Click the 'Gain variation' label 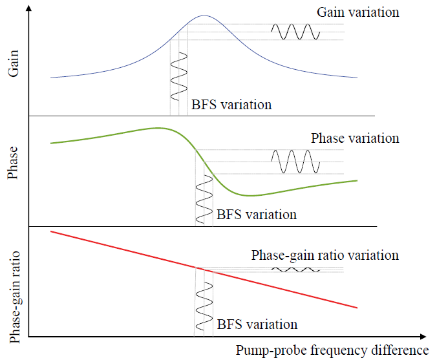tap(357, 12)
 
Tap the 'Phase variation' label tap(355, 138)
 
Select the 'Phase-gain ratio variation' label tap(325, 255)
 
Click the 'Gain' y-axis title tap(14, 65)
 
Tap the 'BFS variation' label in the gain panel tap(231, 105)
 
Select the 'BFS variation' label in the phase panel tap(257, 214)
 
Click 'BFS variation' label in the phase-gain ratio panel tap(257, 324)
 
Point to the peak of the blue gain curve tap(204, 16)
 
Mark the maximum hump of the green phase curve tap(156, 128)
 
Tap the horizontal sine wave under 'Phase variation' tap(295, 162)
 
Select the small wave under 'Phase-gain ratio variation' tap(295, 269)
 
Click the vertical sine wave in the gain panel tap(178, 75)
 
